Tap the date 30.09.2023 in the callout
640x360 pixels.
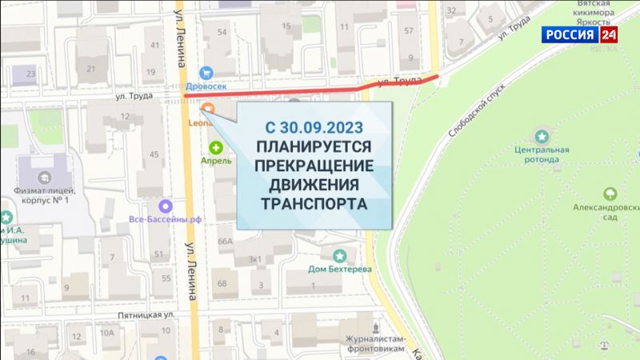pos(315,126)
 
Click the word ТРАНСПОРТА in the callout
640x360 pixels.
pos(314,203)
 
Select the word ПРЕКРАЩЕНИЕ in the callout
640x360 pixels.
pos(314,166)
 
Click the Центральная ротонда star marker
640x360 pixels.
pos(542,137)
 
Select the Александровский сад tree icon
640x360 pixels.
pos(610,193)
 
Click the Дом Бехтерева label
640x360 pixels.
pos(341,270)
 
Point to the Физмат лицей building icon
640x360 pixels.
pos(44,170)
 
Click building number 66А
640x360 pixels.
pos(225,241)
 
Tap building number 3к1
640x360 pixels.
pos(256,259)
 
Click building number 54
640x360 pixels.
pos(222,32)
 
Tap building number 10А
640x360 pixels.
pos(106,333)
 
